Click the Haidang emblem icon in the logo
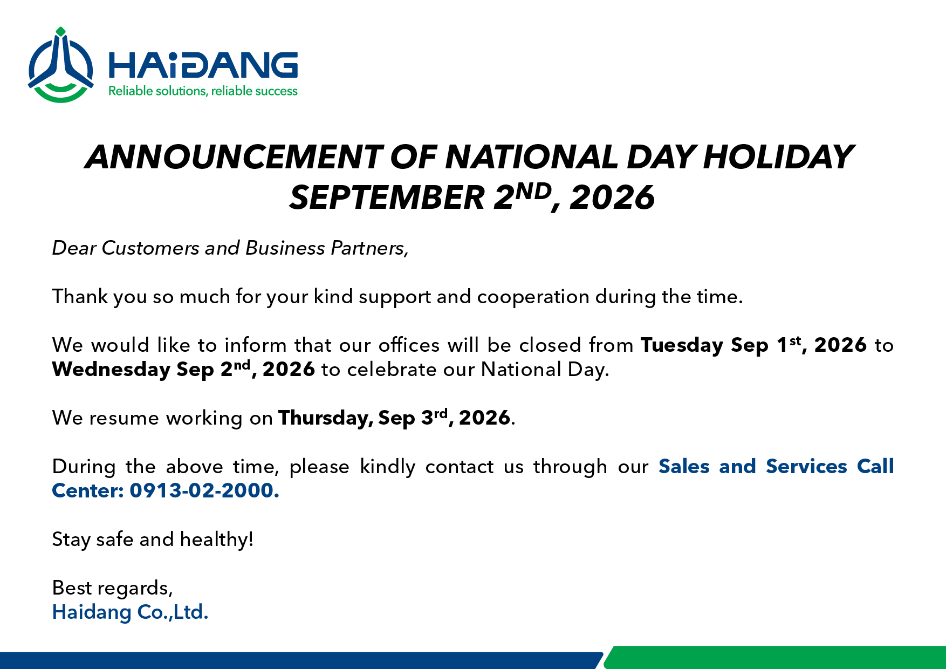point(61,65)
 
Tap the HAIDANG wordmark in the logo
point(203,66)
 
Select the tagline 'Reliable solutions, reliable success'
point(203,91)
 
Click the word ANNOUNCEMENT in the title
point(234,157)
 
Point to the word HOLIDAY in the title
point(778,157)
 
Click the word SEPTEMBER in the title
point(387,197)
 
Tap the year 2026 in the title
point(612,197)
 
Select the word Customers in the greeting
point(150,248)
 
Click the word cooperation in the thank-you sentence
point(533,297)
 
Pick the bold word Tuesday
point(682,346)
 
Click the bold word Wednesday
point(111,370)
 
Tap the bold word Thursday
point(325,418)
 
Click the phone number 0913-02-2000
point(204,491)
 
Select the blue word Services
point(806,467)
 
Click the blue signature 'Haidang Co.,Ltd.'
point(130,612)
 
